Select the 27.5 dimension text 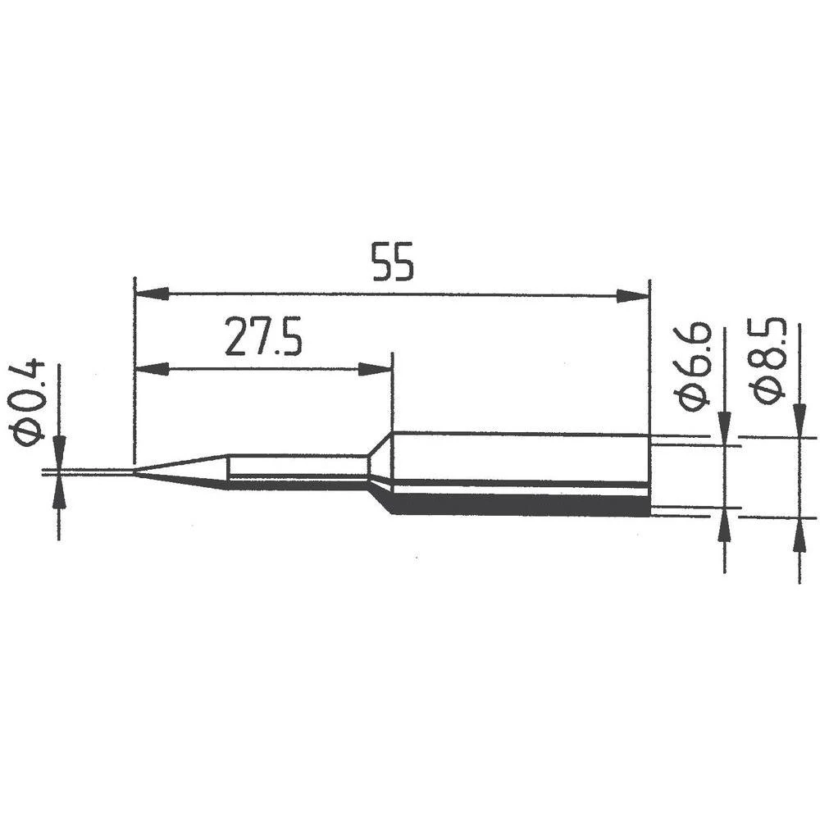click(x=263, y=339)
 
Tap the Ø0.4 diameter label click(x=30, y=402)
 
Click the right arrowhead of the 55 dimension click(x=632, y=295)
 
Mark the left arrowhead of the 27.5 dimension click(x=151, y=369)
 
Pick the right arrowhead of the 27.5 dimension click(x=376, y=369)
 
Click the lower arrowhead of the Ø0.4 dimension click(x=59, y=493)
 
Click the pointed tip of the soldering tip click(x=136, y=472)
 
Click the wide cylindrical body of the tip click(x=521, y=473)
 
